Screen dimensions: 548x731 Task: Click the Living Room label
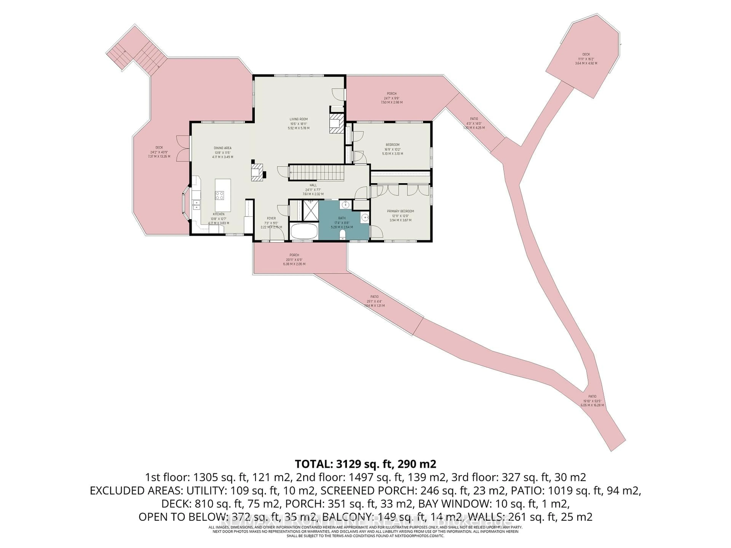coord(298,123)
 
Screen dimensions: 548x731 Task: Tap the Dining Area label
coord(222,152)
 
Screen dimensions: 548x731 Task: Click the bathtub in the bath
coord(304,231)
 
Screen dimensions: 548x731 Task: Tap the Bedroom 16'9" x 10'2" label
coord(392,149)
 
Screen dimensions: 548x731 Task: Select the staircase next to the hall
coord(317,173)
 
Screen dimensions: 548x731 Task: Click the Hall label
coord(313,190)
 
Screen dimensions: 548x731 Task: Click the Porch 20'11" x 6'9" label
coord(294,259)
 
